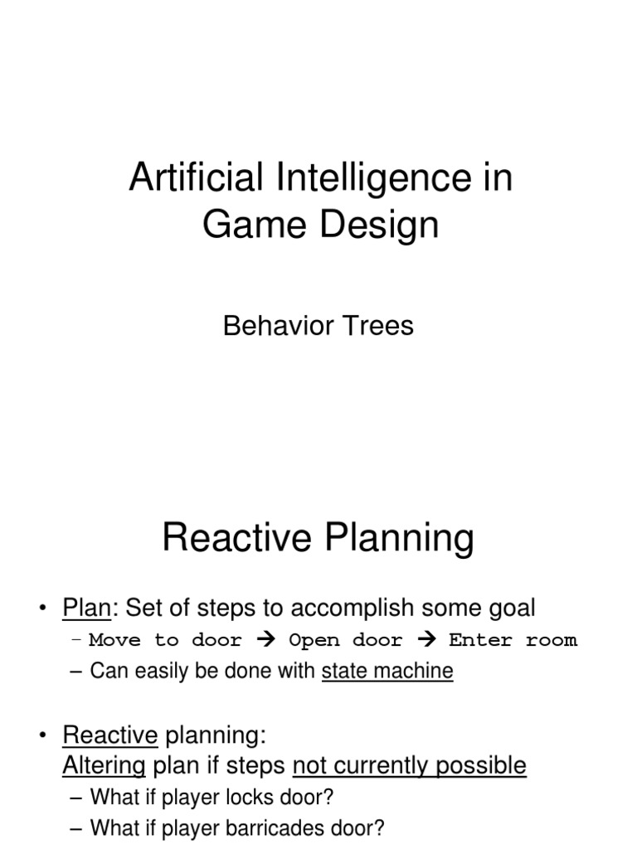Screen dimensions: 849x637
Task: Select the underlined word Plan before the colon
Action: click(x=86, y=608)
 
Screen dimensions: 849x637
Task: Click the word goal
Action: click(x=509, y=608)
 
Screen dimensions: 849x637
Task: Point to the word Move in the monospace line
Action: click(x=114, y=640)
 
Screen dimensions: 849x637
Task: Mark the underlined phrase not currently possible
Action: click(x=410, y=764)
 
